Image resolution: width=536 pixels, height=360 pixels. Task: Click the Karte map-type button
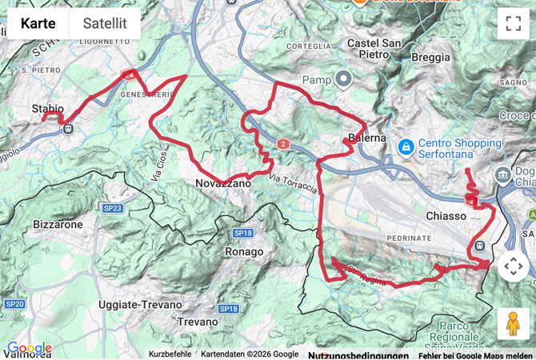tap(38, 23)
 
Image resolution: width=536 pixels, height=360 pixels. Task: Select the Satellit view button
tap(105, 23)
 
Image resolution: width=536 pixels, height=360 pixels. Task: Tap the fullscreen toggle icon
tap(513, 23)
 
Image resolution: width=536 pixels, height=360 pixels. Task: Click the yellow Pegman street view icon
tap(513, 323)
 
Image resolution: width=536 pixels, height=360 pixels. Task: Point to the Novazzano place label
tap(223, 184)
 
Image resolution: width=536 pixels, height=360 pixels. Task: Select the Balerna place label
tap(367, 138)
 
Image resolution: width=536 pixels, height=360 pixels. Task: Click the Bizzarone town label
tap(58, 225)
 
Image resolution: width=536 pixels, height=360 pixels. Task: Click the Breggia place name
tap(430, 57)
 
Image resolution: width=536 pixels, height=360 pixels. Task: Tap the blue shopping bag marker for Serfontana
tap(406, 147)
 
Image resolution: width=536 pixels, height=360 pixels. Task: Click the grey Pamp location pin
tap(344, 78)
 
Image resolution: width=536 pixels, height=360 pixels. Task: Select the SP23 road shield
tap(112, 209)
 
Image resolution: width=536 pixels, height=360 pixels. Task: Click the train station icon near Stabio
tap(69, 127)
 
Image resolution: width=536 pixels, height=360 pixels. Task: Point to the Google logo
tap(29, 348)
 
